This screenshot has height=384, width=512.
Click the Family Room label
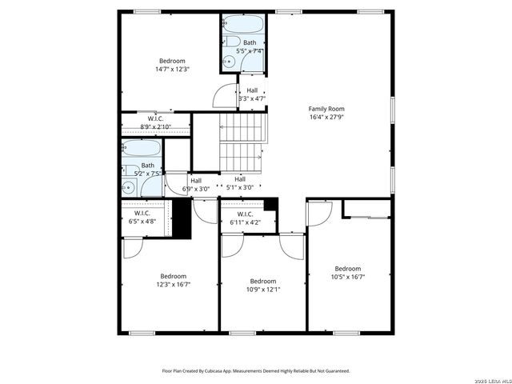(x=326, y=109)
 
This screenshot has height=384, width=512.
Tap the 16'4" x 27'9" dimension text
(x=326, y=117)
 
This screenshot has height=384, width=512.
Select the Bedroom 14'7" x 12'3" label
(x=172, y=61)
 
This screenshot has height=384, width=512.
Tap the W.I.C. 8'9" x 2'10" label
(x=155, y=120)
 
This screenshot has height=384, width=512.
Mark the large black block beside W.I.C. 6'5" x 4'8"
(x=183, y=218)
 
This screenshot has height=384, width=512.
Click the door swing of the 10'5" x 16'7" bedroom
(x=318, y=212)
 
